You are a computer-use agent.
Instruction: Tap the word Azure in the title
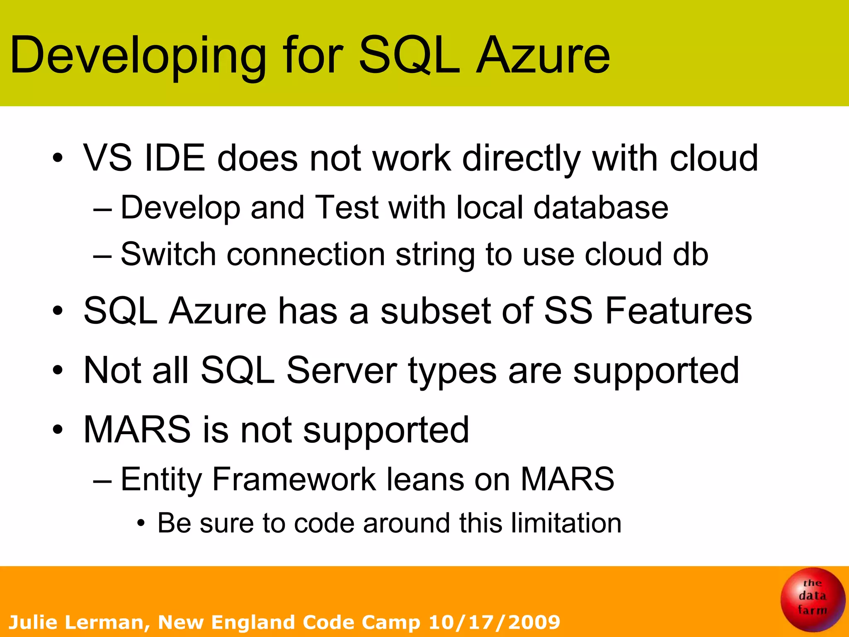click(x=543, y=56)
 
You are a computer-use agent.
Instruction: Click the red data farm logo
click(x=812, y=599)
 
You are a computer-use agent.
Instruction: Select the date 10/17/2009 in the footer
click(x=494, y=622)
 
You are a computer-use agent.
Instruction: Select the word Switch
click(x=168, y=254)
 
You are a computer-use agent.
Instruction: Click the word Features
click(x=678, y=311)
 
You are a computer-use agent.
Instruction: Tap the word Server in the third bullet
click(x=342, y=370)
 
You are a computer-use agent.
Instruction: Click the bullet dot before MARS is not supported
click(x=58, y=430)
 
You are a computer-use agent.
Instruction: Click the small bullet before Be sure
click(x=141, y=524)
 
